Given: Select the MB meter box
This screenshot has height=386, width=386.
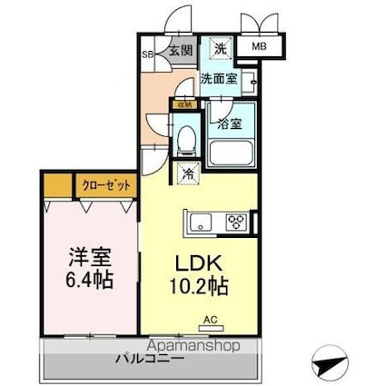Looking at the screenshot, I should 260,45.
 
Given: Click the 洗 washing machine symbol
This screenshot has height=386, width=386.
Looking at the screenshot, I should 220,47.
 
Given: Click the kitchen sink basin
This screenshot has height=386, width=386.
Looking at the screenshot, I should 200,221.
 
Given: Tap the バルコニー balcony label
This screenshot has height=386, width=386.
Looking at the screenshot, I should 150,359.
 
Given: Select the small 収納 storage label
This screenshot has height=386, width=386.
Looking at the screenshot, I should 184,104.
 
